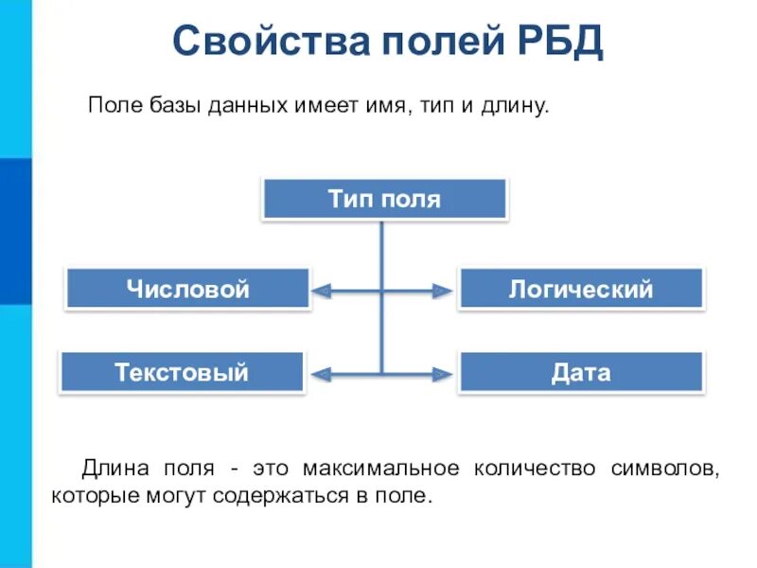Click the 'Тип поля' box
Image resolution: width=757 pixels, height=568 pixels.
point(384,200)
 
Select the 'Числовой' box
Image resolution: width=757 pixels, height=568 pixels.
point(187,289)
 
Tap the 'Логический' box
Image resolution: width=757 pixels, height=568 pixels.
point(580,289)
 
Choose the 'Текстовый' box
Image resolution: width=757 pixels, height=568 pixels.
point(182,372)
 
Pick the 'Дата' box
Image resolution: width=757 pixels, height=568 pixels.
point(580,372)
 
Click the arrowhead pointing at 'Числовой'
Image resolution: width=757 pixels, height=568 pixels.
point(322,292)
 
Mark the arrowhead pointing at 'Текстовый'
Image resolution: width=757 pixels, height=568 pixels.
point(322,375)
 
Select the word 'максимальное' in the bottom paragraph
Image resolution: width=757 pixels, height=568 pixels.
point(381,469)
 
